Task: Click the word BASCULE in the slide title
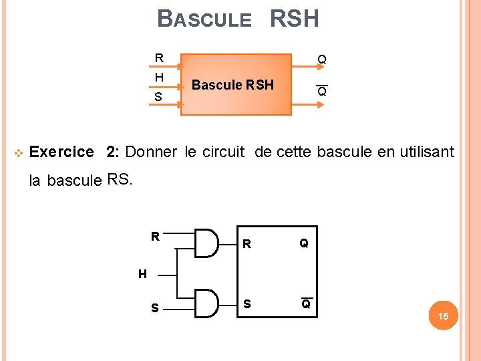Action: pos(204,19)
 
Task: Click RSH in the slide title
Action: pos(294,19)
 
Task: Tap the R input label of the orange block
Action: pos(159,58)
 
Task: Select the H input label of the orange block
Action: pos(159,78)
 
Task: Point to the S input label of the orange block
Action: pos(158,98)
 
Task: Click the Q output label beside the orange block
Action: pos(322,60)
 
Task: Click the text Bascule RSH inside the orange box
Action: pos(232,85)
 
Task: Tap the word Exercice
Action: pos(62,152)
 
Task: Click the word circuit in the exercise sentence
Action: pos(225,152)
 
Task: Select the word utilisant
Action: pos(426,152)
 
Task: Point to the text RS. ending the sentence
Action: pos(120,179)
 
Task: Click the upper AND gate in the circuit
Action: pos(206,243)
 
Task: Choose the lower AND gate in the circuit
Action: pos(206,304)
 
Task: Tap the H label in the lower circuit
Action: pos(142,273)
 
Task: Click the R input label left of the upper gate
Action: pos(155,237)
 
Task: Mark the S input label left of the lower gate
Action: pos(155,308)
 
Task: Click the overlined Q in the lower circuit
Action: pos(305,304)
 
